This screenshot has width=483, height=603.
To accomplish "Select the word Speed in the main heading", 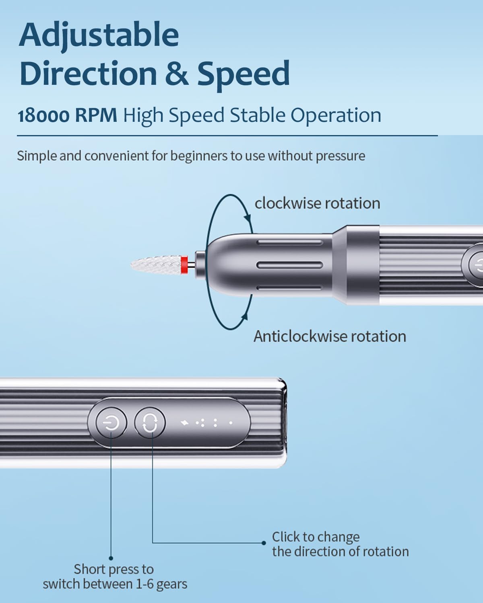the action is [x=244, y=75].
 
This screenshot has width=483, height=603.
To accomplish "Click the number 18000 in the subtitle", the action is [x=43, y=115].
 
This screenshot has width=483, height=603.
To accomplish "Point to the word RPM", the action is [x=96, y=115].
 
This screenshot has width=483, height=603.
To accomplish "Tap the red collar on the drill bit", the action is [x=184, y=265].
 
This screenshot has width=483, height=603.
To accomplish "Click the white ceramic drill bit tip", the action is [x=156, y=264].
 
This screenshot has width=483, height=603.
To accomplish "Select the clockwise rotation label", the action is [x=318, y=203].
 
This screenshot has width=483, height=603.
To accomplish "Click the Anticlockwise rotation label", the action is [x=330, y=336].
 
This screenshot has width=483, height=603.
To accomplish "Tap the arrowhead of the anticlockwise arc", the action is [x=245, y=316].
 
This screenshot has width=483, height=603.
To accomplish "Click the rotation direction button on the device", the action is [x=150, y=423].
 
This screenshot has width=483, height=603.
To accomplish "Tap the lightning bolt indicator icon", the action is [x=185, y=423].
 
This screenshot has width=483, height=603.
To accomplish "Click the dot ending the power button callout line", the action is [x=111, y=558].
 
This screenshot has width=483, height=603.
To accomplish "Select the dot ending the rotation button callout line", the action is [x=264, y=543].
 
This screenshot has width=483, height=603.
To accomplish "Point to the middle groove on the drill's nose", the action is [x=290, y=265].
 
